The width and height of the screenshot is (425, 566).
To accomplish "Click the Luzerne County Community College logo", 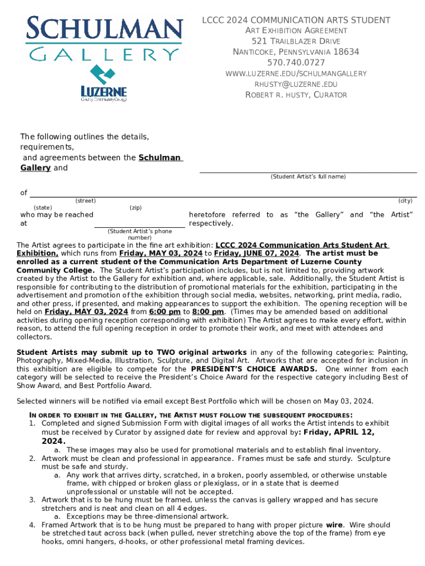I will click(104, 85).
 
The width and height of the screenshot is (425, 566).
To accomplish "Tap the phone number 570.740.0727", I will click(296, 62).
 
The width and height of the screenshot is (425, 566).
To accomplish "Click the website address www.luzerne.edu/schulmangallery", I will click(296, 74).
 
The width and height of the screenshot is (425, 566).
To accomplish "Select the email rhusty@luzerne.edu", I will click(296, 84).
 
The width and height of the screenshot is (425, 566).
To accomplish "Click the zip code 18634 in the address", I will click(347, 52).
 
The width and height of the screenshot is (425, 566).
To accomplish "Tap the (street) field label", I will click(85, 201).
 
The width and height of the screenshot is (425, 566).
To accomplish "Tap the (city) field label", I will click(405, 201).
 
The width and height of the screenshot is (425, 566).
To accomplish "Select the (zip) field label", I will click(135, 208).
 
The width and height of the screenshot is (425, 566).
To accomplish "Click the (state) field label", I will click(43, 208).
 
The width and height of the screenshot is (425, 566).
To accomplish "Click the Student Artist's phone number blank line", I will click(139, 225).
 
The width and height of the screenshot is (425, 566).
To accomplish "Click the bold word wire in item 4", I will click(333, 525).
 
